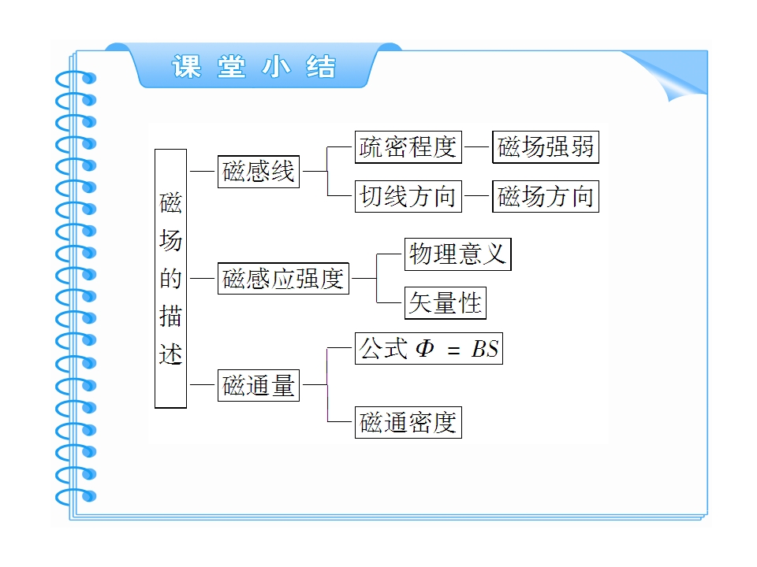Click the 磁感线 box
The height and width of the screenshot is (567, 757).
point(258,172)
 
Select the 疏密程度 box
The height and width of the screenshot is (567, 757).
point(408,147)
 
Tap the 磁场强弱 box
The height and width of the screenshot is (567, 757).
point(546,147)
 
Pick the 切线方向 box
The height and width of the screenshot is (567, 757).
point(408,196)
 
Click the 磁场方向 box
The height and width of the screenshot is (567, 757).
point(546,196)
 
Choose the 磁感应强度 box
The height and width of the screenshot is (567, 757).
point(283,279)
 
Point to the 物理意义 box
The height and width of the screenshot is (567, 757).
point(457,254)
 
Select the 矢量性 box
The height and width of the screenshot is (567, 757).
point(445,303)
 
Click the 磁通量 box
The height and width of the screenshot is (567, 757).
point(258,386)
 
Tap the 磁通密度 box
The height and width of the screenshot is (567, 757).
point(408,423)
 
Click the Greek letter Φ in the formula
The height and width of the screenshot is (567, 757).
point(425,349)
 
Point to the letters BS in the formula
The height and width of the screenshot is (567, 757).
point(485,349)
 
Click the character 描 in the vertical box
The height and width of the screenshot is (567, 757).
point(170,317)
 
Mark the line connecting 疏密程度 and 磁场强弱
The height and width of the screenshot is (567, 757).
point(477,147)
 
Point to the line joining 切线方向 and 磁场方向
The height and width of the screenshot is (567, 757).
point(477,196)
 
